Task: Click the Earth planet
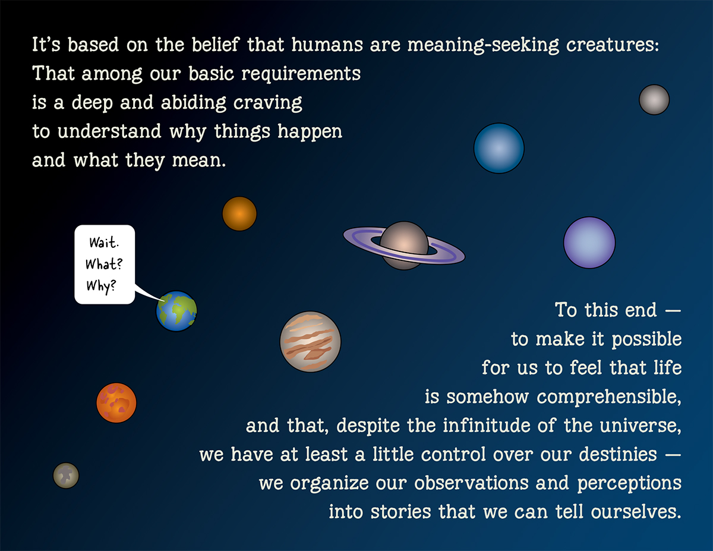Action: click(176, 311)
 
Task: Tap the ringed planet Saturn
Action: click(404, 246)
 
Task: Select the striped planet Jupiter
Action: click(310, 342)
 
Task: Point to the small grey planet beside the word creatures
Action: click(654, 100)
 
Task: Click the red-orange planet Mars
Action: click(116, 402)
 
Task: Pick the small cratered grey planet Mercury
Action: click(66, 476)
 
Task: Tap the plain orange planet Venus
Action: click(239, 213)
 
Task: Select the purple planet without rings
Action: click(589, 243)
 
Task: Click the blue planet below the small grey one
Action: click(499, 149)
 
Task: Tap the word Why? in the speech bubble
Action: click(102, 286)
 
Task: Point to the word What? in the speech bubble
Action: click(104, 264)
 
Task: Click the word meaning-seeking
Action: click(482, 45)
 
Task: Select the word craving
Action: click(267, 103)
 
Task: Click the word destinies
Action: click(618, 454)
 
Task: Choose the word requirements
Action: click(301, 74)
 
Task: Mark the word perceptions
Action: click(629, 484)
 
